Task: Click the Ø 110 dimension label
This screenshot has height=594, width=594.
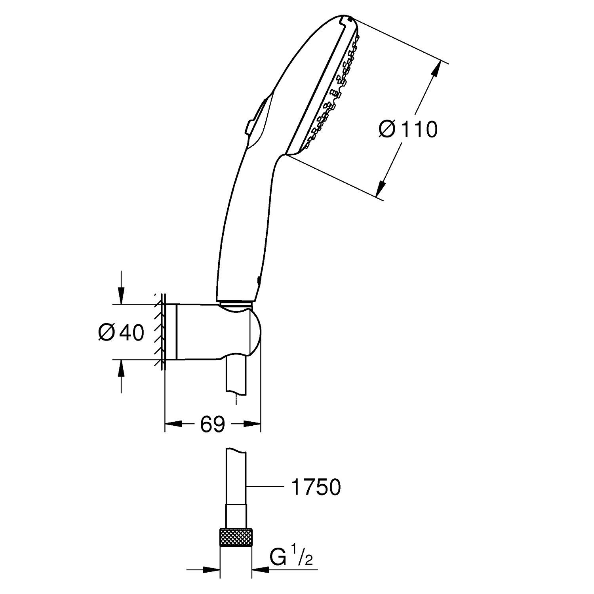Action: [x=408, y=129]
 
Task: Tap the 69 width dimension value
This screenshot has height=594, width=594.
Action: [x=213, y=424]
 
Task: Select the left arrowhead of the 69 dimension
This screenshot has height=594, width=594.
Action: [x=173, y=424]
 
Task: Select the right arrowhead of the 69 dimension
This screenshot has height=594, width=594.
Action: [x=253, y=424]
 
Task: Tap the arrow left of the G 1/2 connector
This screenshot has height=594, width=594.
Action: [x=203, y=570]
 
